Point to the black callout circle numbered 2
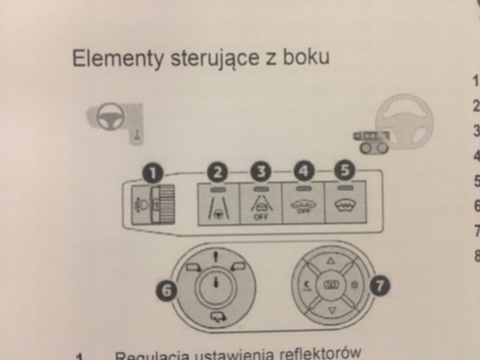218,173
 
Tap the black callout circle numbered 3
261,172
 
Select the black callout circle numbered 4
303,170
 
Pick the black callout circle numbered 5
345,169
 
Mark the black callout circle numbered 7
381,285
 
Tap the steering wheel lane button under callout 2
217,203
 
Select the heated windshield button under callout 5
344,200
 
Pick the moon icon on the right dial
307,286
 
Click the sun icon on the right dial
353,285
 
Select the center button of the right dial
330,286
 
